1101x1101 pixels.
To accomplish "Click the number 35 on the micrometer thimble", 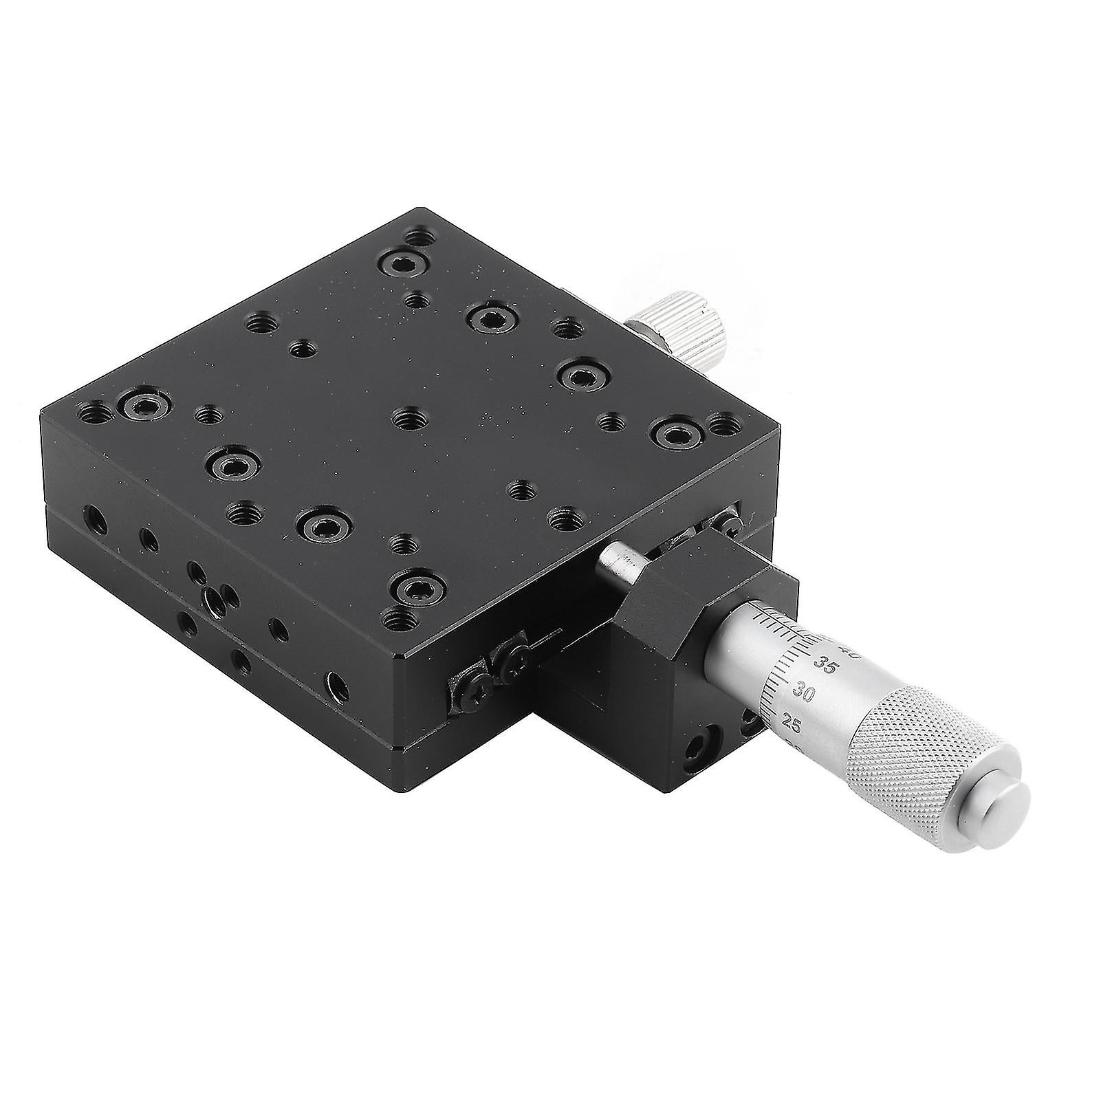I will coord(822,664).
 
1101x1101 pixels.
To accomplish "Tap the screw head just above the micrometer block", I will coord(728,521).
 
